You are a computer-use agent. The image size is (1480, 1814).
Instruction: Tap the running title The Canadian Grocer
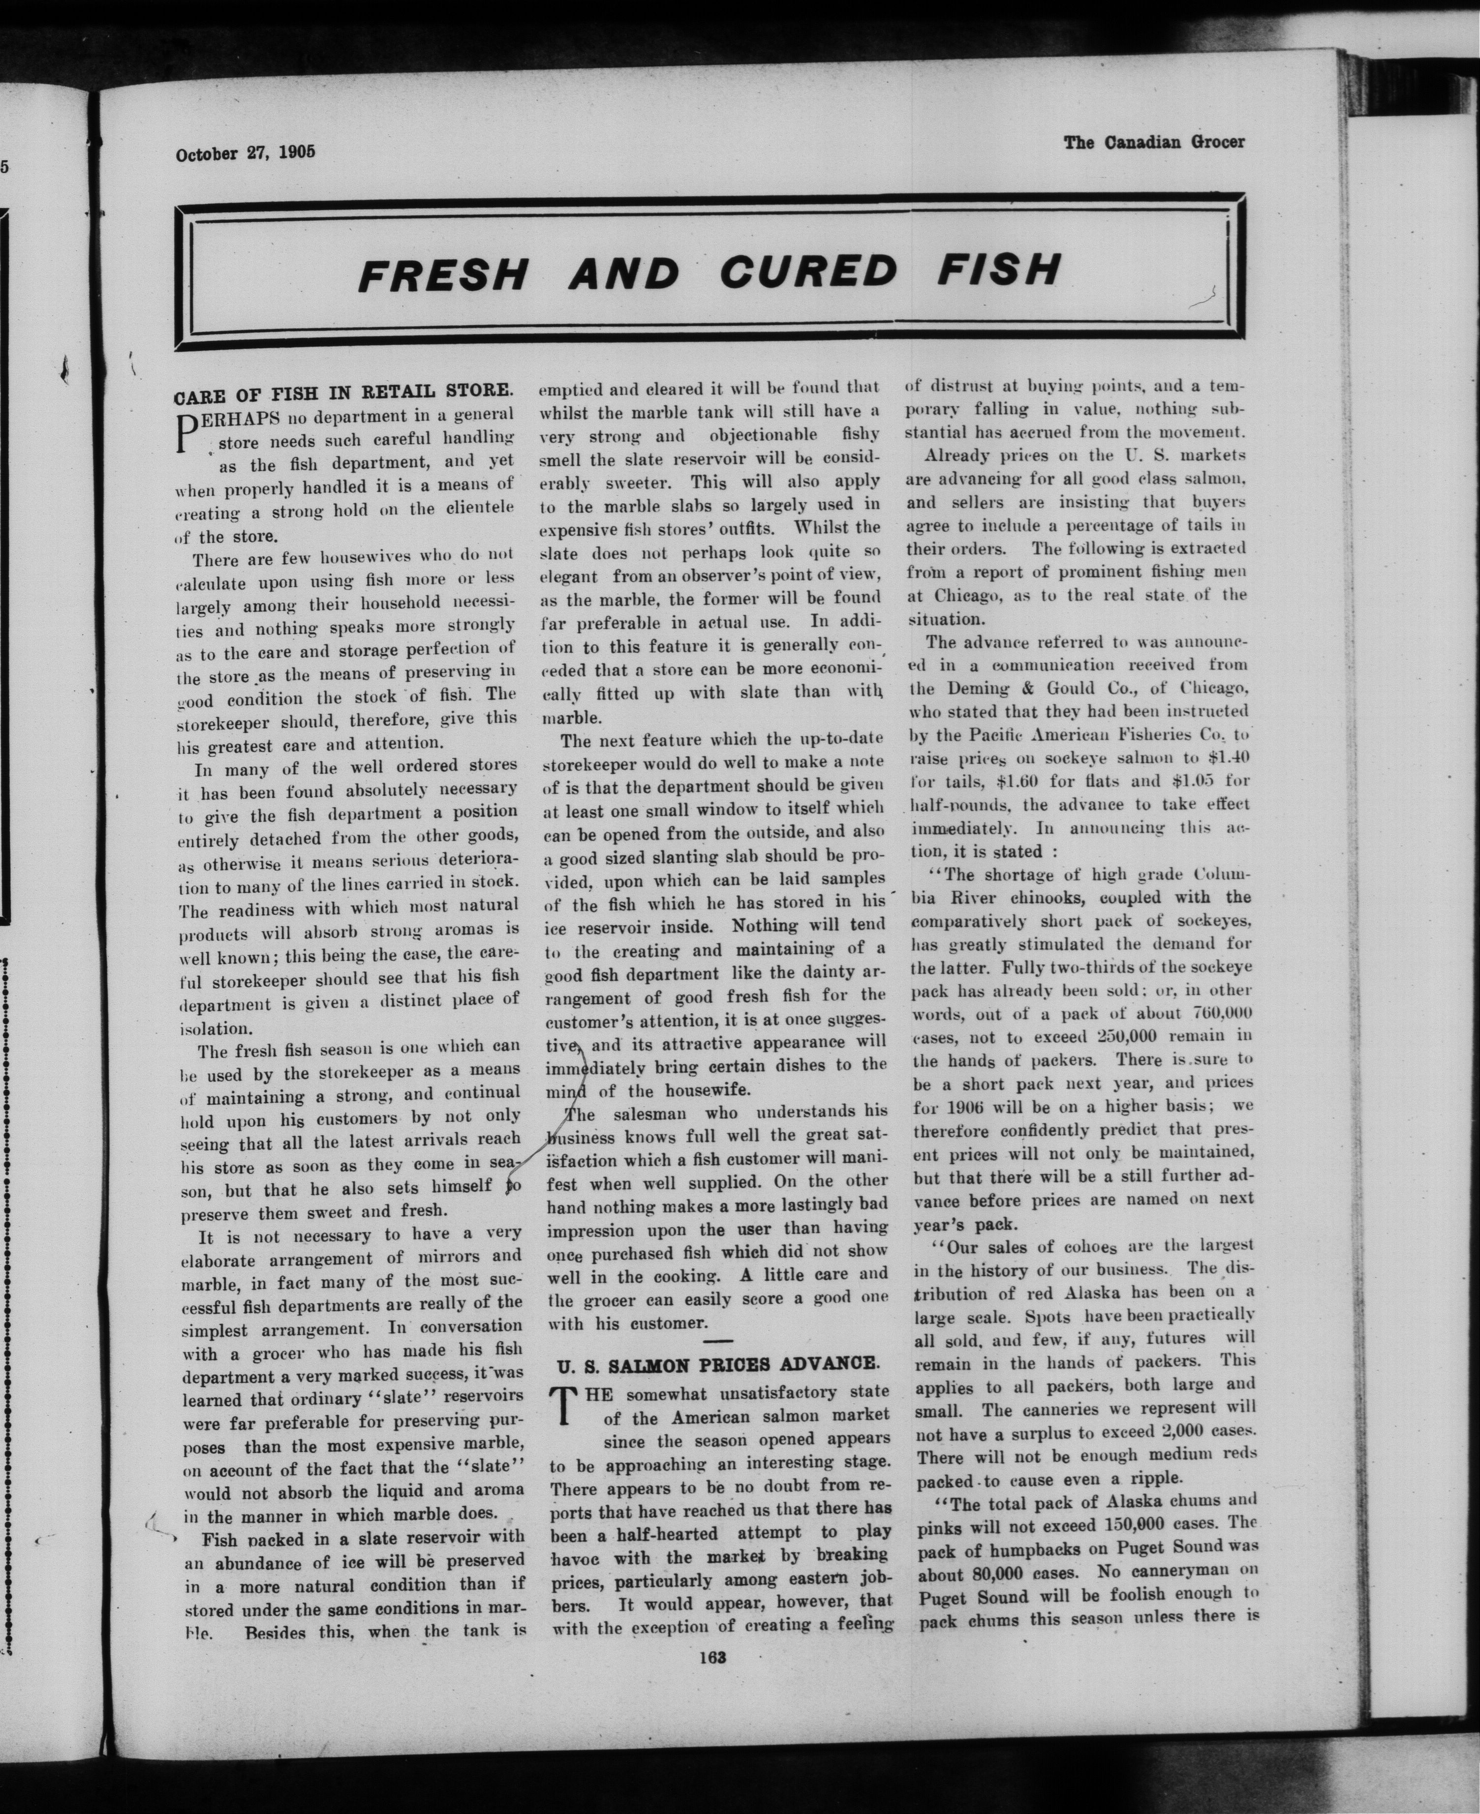1153,142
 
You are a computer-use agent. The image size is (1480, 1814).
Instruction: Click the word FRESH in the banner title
442,274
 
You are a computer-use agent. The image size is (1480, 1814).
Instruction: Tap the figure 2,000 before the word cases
1188,1430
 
